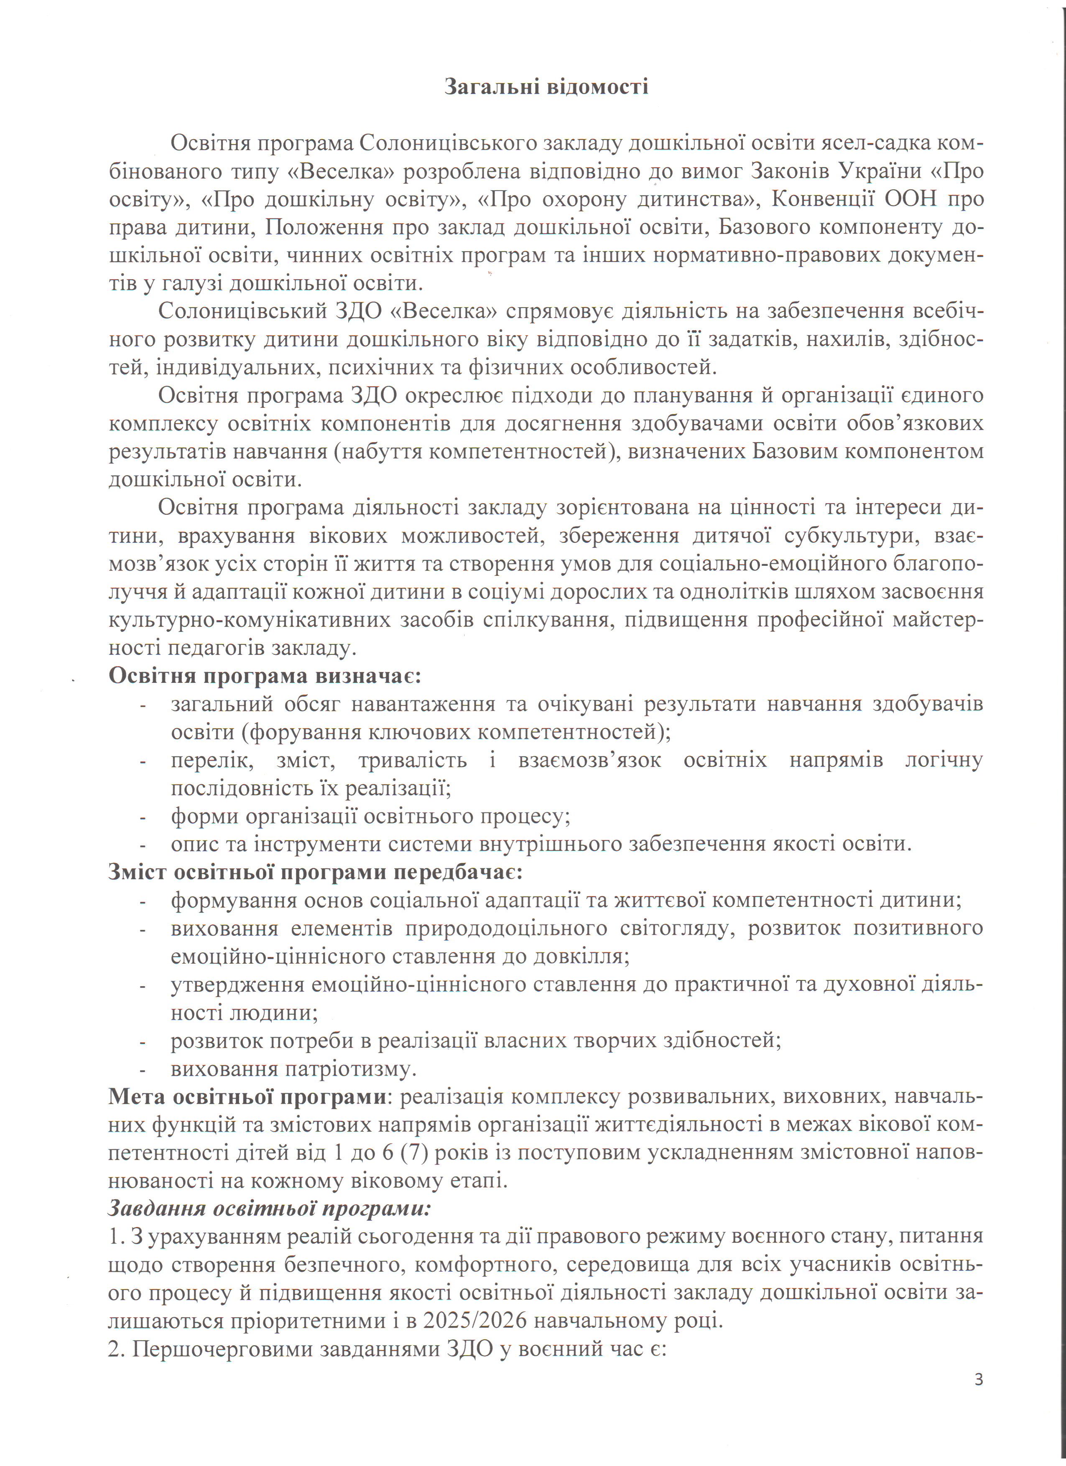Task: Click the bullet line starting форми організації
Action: (370, 817)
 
